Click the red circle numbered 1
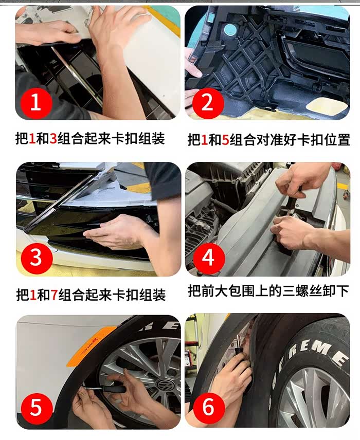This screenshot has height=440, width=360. click(x=35, y=102)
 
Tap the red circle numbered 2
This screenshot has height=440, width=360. click(x=208, y=102)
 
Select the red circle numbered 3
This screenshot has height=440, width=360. click(x=37, y=258)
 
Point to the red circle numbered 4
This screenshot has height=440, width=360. click(x=209, y=258)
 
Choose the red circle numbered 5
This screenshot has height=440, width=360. click(x=37, y=408)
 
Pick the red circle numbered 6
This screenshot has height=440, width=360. click(x=209, y=408)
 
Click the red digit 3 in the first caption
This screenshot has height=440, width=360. click(x=53, y=139)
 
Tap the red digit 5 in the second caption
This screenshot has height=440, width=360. click(x=225, y=140)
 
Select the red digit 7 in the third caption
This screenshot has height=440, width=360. click(x=54, y=295)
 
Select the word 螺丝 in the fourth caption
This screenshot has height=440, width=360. click(x=315, y=291)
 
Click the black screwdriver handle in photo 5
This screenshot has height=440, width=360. click(x=114, y=388)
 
